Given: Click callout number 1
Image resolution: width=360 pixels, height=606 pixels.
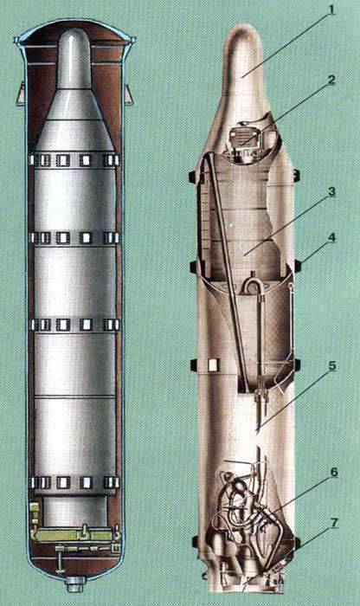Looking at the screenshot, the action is pos(331,9).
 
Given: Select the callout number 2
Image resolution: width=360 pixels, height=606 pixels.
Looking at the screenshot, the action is pos(331,81).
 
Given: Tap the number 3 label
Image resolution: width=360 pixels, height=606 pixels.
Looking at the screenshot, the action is pos(331,193).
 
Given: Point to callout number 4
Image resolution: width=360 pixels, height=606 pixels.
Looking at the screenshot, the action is pos(331,238).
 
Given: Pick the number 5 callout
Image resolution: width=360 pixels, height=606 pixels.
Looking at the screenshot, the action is pos(331,366).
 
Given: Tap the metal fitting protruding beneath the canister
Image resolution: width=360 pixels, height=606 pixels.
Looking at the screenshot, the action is pos(75,583).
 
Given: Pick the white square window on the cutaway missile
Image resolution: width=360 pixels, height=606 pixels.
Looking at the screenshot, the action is pos(213,364).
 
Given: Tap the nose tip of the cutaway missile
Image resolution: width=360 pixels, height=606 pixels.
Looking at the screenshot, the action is pos(241,28).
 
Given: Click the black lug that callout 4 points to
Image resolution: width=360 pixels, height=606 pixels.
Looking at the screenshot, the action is pos(299,266).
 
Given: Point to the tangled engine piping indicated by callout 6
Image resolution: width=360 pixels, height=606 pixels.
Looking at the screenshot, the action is pos(247,510).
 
